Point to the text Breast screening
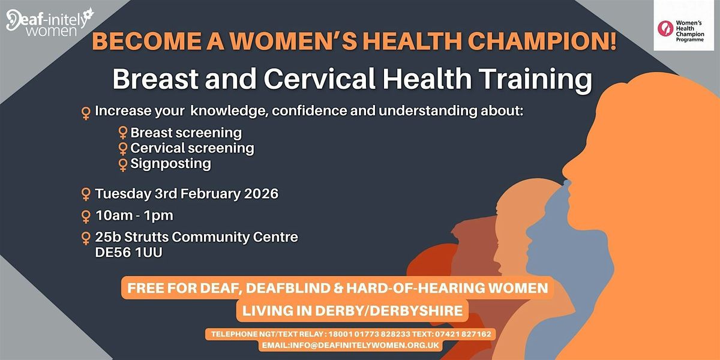186,132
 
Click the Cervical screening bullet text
192,148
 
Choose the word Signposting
170,163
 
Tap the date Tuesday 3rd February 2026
187,194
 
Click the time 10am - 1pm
134,215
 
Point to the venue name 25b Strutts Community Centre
197,238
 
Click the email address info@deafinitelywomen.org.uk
350,346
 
